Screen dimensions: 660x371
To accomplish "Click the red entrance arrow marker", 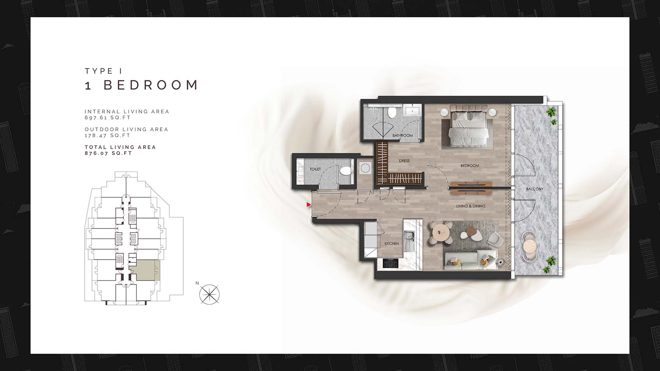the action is coord(309,205).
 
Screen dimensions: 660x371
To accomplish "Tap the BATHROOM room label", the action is coord(403,135).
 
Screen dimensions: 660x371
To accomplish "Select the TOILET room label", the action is coord(315,169).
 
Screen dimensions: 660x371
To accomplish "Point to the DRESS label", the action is coord(404,161).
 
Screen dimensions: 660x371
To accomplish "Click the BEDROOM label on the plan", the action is coord(470,166).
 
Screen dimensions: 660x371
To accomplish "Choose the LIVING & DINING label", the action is coord(471,206).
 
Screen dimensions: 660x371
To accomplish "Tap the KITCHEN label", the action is coord(392,243).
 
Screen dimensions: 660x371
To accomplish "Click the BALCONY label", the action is coord(535,189).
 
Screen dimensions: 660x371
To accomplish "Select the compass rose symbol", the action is coord(209,294).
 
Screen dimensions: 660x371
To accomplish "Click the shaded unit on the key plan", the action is coord(148,270).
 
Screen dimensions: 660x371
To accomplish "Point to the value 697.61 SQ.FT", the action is coord(108,118).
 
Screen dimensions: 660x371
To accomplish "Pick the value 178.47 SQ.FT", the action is coord(108,135).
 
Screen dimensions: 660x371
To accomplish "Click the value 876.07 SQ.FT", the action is coord(108,153).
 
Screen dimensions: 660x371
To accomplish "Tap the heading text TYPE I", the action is coord(103,71).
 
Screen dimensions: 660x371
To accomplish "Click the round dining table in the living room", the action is coord(441,233).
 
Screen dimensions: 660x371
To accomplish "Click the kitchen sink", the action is coord(409,241).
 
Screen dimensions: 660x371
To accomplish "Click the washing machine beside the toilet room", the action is coord(365,168).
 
